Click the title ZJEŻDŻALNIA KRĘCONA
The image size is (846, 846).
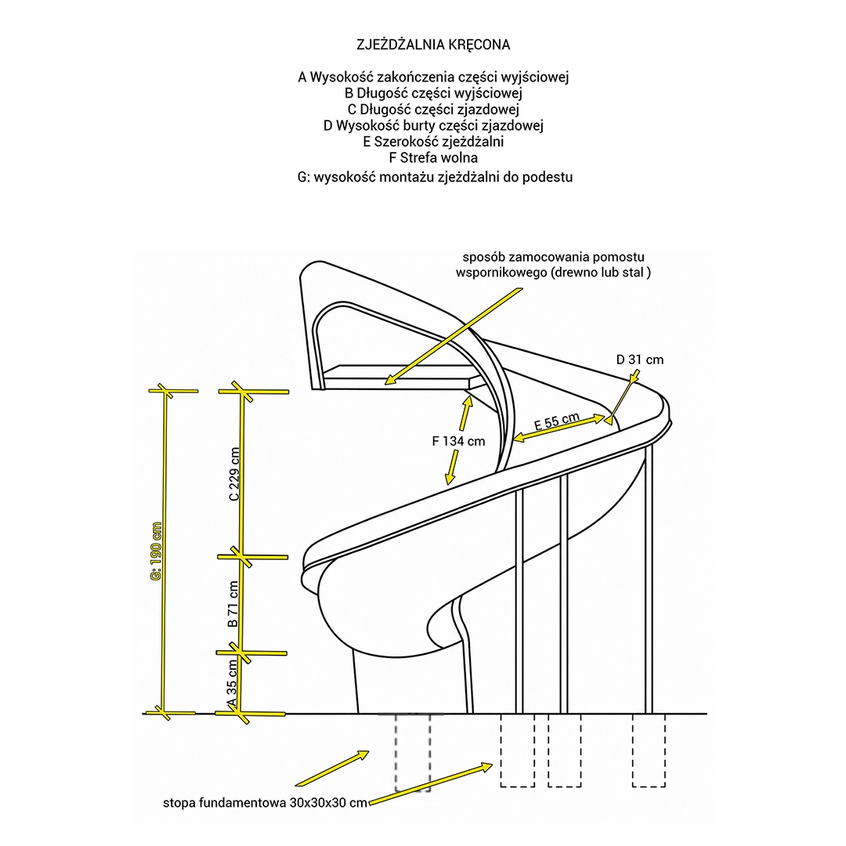click(x=433, y=45)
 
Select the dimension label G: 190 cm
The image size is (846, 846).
click(x=157, y=551)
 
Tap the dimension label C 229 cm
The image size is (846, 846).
click(x=234, y=474)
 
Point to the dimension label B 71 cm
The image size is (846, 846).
click(x=233, y=604)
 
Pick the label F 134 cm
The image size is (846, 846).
click(x=458, y=441)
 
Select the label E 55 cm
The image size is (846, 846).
click(x=557, y=421)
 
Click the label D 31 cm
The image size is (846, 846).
click(x=640, y=360)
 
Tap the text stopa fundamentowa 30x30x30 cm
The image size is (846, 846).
click(x=266, y=803)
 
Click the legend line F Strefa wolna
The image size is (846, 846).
click(x=433, y=158)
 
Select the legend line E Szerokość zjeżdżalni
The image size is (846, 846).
click(x=433, y=142)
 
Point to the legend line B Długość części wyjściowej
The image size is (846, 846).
click(x=433, y=93)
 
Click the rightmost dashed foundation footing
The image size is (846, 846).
click(x=649, y=750)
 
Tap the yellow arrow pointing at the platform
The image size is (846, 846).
click(x=454, y=336)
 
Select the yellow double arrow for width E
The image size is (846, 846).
click(x=559, y=428)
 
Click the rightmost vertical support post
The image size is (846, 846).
click(x=649, y=578)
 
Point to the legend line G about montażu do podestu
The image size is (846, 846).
click(x=435, y=177)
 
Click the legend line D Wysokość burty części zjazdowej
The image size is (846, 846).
click(x=433, y=125)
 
